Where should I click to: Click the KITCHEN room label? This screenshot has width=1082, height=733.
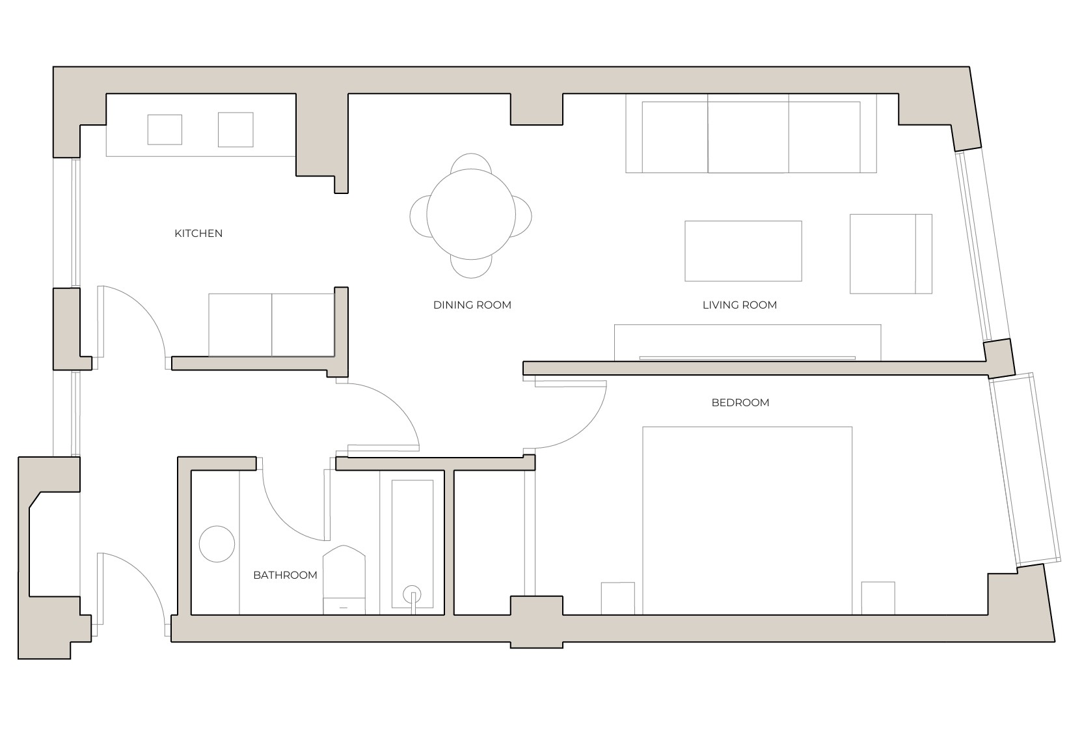pos(198,233)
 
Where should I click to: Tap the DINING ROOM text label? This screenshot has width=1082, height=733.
pos(472,305)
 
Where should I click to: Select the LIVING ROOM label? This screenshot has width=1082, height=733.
pos(739,305)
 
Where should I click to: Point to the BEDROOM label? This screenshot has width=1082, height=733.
pos(740,402)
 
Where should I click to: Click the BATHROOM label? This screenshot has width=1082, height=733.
pos(285,575)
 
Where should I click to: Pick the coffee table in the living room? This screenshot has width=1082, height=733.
pos(742,251)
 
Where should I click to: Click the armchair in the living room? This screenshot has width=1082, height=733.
pos(890,253)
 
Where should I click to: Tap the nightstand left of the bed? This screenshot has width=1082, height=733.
pos(617,598)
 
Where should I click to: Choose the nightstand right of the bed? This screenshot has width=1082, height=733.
pos(878,598)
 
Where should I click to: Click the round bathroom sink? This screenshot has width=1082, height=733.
pos(217,544)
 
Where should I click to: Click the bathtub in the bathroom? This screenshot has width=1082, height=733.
pos(413,544)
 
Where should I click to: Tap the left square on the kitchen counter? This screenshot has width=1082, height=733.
pos(165,130)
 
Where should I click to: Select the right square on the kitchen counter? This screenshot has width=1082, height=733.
pos(235,130)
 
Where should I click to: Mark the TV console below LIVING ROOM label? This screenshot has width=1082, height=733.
pos(747,342)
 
